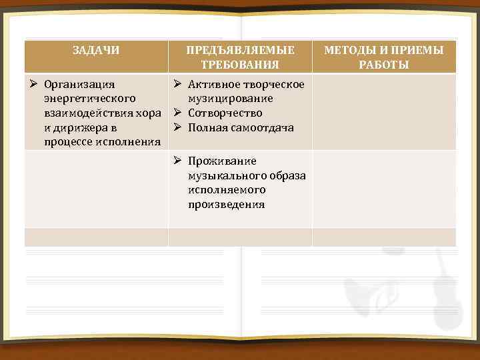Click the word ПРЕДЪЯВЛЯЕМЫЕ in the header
point(240,50)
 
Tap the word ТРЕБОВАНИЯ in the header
point(240,65)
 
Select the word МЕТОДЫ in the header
point(354,50)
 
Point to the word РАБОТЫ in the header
point(384,65)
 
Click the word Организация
point(79,85)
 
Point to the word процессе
point(69,142)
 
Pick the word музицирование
point(230,99)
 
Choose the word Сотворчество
point(225,113)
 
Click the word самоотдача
point(260,128)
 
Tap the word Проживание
point(222,161)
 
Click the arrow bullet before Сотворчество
point(178,113)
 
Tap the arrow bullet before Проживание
point(178,161)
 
